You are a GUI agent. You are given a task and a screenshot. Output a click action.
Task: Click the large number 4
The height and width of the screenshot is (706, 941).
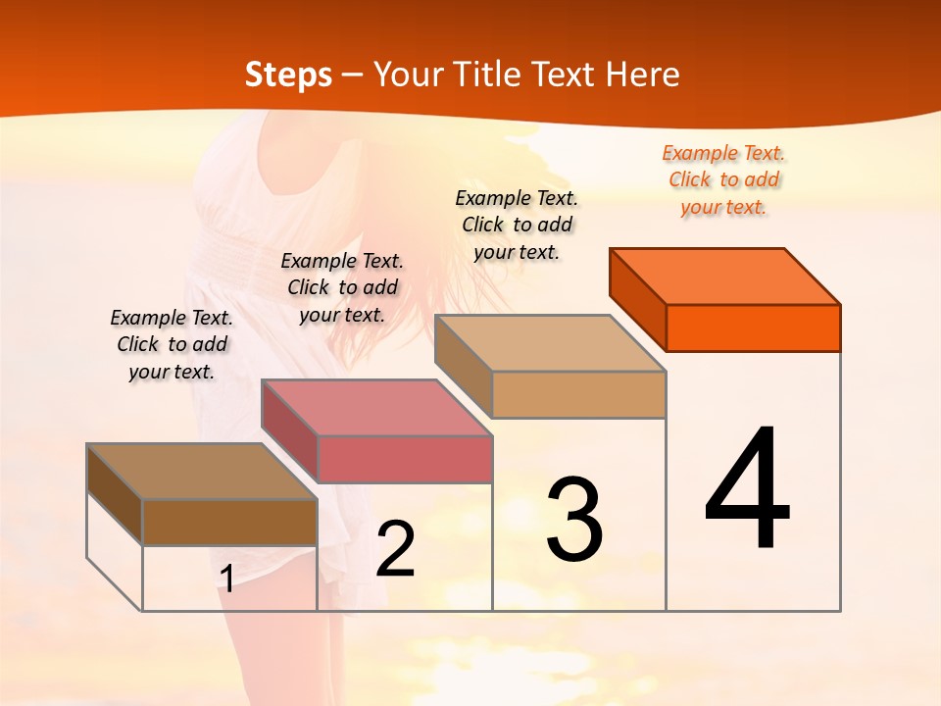[747, 489]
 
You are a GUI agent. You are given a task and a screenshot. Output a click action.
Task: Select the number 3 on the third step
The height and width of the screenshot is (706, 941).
[573, 520]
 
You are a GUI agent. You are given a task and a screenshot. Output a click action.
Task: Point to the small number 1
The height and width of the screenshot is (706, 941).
[227, 580]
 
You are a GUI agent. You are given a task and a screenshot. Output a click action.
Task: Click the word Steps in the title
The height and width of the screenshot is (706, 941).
[288, 75]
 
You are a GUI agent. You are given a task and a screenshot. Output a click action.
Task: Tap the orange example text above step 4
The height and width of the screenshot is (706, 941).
[723, 179]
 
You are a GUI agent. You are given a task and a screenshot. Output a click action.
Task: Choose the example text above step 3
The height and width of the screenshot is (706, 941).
[517, 225]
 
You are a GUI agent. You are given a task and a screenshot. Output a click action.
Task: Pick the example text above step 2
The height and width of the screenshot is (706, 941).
[342, 287]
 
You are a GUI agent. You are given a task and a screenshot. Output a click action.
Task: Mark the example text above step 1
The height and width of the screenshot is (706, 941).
[172, 344]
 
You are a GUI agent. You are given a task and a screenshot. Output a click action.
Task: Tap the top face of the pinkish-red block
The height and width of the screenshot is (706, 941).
[376, 408]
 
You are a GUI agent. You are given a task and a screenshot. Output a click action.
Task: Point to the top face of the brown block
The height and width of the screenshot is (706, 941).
[202, 472]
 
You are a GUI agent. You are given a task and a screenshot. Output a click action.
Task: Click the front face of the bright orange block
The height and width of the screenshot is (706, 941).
[753, 328]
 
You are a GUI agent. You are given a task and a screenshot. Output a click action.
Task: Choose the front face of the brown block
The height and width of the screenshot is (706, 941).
[229, 522]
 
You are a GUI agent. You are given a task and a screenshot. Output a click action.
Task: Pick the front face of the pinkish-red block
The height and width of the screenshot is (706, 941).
[404, 459]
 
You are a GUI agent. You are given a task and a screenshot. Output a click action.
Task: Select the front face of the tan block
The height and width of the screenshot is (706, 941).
[578, 394]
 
